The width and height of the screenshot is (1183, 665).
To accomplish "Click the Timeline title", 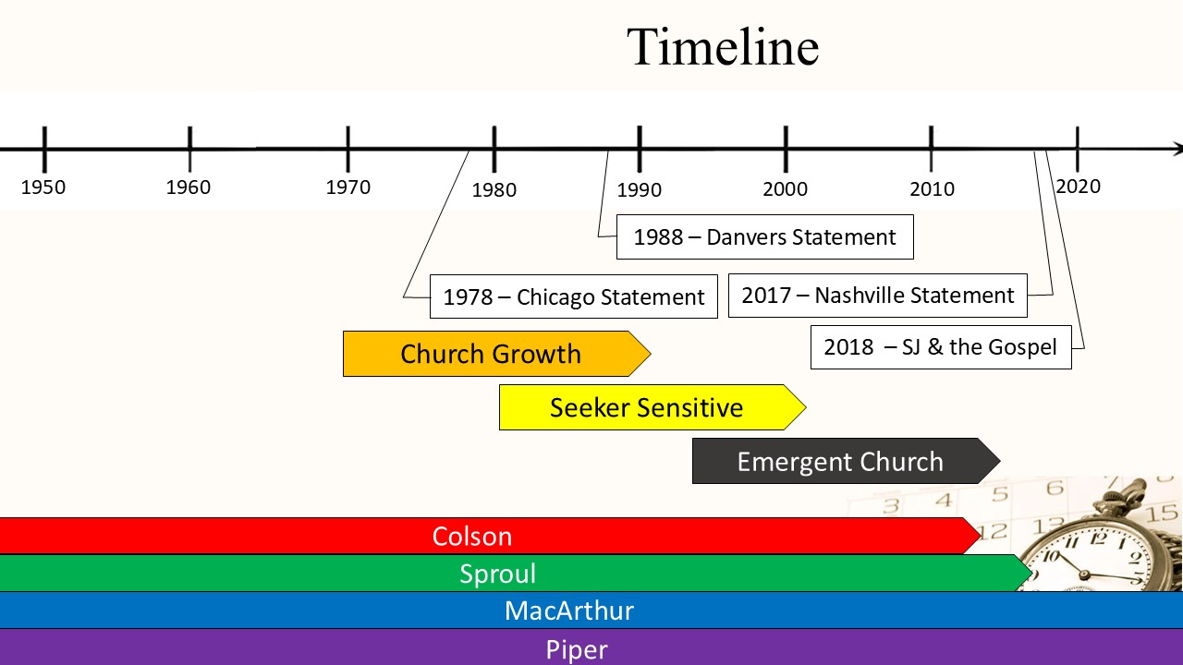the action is click(723, 47).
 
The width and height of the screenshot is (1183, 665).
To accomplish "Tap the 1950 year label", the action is click(43, 187).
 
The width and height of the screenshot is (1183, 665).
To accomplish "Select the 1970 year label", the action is click(348, 187).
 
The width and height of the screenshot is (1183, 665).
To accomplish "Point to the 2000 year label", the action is click(786, 189).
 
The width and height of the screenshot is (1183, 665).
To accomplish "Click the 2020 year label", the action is click(1078, 187).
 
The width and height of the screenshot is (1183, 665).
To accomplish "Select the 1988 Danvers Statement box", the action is click(764, 237).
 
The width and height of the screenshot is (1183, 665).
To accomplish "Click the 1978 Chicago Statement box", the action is click(574, 296).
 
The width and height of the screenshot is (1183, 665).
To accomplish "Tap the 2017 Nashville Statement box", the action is click(878, 296).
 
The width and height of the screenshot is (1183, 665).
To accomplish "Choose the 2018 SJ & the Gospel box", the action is click(941, 347).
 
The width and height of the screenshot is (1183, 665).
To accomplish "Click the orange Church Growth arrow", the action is click(496, 354).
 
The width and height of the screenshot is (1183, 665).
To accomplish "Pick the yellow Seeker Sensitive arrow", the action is click(652, 407).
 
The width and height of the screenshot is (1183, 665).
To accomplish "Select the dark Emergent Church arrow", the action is click(846, 461).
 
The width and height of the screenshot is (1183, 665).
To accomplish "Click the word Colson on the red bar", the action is click(472, 537).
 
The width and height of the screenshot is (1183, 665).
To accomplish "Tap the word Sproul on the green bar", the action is click(497, 574).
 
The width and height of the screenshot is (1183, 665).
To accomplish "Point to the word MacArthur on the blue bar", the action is click(568, 611).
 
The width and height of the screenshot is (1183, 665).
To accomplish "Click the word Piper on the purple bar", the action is click(576, 649).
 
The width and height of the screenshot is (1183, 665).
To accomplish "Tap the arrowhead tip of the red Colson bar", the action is click(981, 536).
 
